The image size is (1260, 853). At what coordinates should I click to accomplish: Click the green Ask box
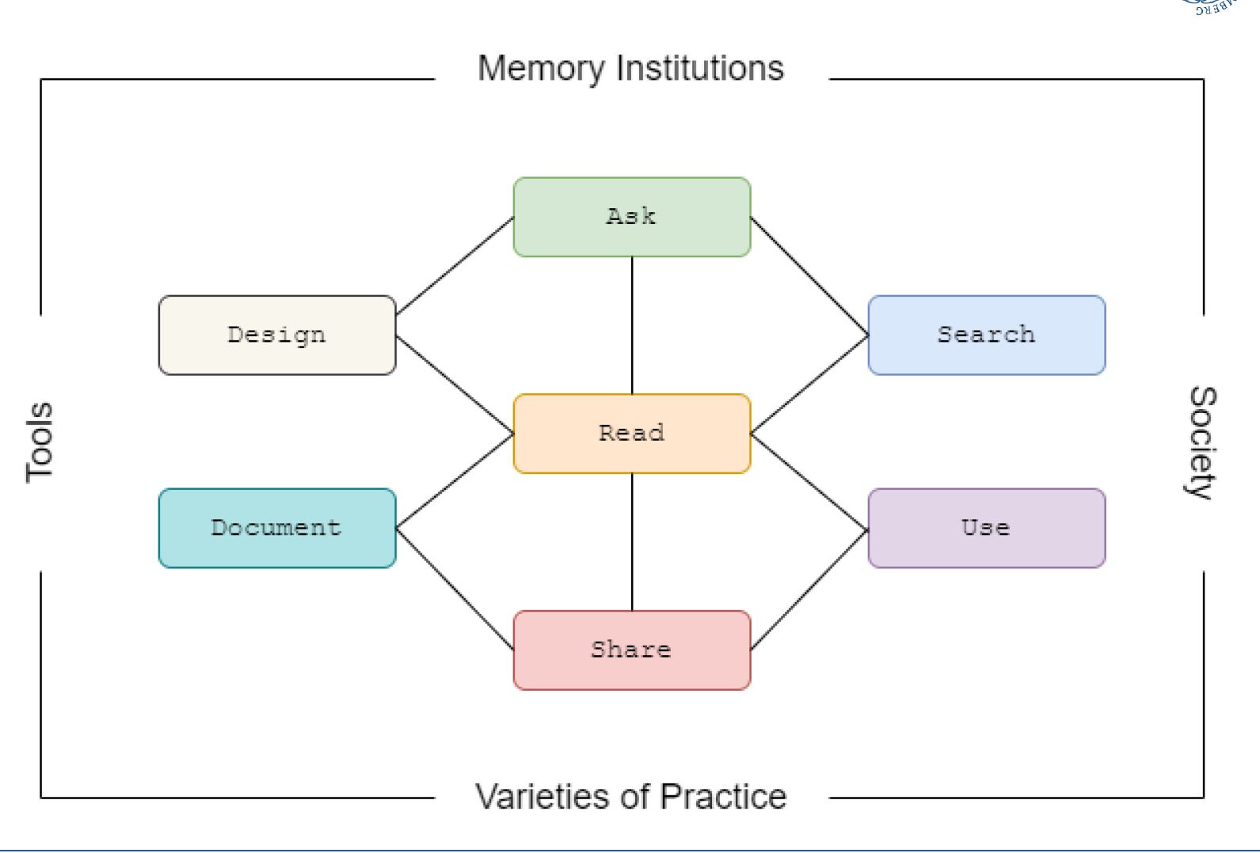pyautogui.click(x=631, y=217)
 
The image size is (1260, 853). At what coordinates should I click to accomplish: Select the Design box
pyautogui.click(x=276, y=335)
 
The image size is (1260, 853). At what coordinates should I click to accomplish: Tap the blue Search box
pyautogui.click(x=986, y=335)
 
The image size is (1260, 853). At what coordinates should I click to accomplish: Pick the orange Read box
pyautogui.click(x=631, y=434)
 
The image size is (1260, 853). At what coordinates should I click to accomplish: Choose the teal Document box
pyautogui.click(x=276, y=528)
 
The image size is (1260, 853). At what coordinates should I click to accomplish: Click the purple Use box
pyautogui.click(x=986, y=528)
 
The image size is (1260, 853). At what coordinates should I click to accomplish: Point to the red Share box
pyautogui.click(x=631, y=650)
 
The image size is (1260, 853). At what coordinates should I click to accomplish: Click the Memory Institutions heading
pyautogui.click(x=630, y=69)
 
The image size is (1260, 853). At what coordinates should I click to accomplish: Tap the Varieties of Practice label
pyautogui.click(x=630, y=797)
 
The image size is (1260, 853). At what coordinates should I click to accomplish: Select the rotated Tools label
pyautogui.click(x=40, y=442)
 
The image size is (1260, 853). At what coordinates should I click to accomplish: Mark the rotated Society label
pyautogui.click(x=1202, y=442)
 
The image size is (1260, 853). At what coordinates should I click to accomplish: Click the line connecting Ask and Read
pyautogui.click(x=632, y=325)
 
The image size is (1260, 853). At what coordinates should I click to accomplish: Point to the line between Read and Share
pyautogui.click(x=632, y=542)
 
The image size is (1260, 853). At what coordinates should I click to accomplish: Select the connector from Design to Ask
pyautogui.click(x=455, y=266)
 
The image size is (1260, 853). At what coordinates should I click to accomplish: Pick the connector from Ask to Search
pyautogui.click(x=809, y=276)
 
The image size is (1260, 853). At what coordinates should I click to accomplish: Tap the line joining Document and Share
pyautogui.click(x=455, y=589)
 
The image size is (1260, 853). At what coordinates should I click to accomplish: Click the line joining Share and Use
pyautogui.click(x=809, y=589)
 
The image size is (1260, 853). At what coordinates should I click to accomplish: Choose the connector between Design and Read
pyautogui.click(x=455, y=384)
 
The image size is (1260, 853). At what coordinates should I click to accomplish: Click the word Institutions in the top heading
pyautogui.click(x=699, y=69)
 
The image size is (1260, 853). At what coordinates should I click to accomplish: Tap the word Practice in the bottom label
pyautogui.click(x=723, y=797)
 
